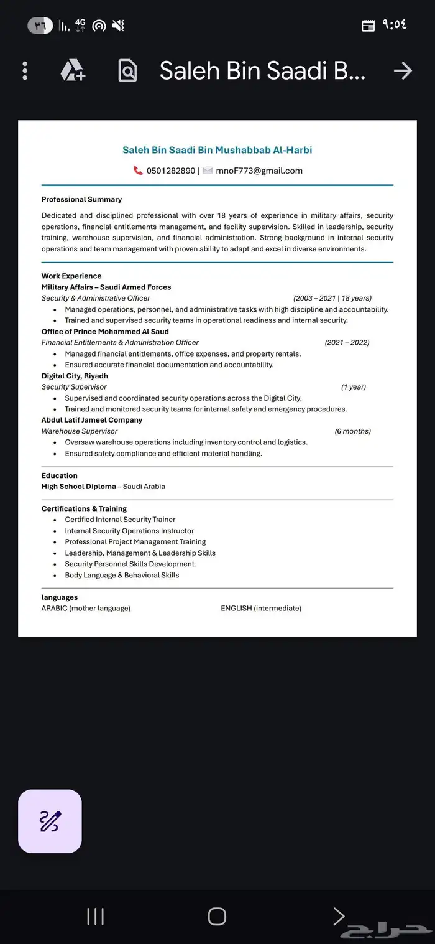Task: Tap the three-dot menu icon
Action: (x=25, y=71)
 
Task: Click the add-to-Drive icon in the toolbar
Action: (x=73, y=71)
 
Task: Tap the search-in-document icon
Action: (x=127, y=71)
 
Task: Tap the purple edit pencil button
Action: (x=50, y=821)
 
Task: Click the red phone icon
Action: (x=138, y=171)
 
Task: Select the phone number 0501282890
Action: (x=171, y=171)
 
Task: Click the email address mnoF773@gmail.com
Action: (x=259, y=171)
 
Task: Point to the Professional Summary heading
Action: (x=81, y=200)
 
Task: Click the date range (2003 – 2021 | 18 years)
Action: (x=332, y=298)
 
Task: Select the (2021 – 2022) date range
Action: (x=347, y=342)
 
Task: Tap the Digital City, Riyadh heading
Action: (x=75, y=376)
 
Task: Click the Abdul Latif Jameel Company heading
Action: (x=92, y=420)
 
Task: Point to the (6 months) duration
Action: (x=352, y=431)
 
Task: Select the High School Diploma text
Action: (x=79, y=487)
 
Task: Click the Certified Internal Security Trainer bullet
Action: (x=120, y=520)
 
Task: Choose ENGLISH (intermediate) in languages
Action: (x=261, y=608)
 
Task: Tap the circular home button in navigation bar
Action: (x=217, y=916)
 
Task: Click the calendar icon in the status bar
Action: (x=368, y=26)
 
